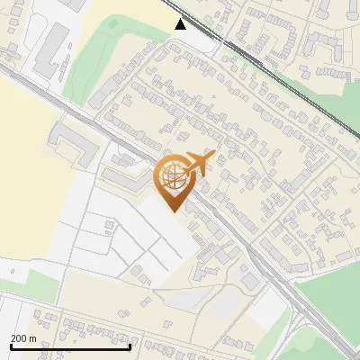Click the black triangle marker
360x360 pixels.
pyautogui.click(x=181, y=23)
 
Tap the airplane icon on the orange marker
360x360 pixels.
pyautogui.click(x=199, y=161)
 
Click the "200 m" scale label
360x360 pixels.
pyautogui.click(x=23, y=338)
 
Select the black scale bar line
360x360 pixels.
pyautogui.click(x=70, y=346)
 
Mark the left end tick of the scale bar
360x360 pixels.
pyautogui.click(x=10, y=346)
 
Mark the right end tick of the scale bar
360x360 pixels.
pyautogui.click(x=130, y=346)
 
